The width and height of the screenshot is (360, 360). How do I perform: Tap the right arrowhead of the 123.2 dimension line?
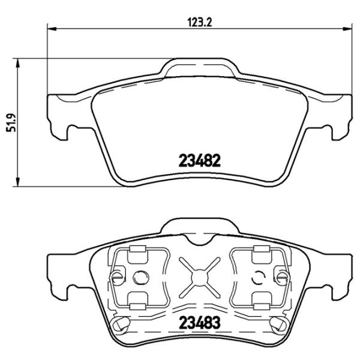(349, 28)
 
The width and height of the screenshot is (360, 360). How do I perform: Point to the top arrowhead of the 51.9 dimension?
(20, 61)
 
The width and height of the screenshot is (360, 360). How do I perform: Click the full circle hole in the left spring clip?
(142, 277)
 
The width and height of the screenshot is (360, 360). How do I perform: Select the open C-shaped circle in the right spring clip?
(259, 277)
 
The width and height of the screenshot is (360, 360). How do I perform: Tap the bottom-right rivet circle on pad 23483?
(278, 325)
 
